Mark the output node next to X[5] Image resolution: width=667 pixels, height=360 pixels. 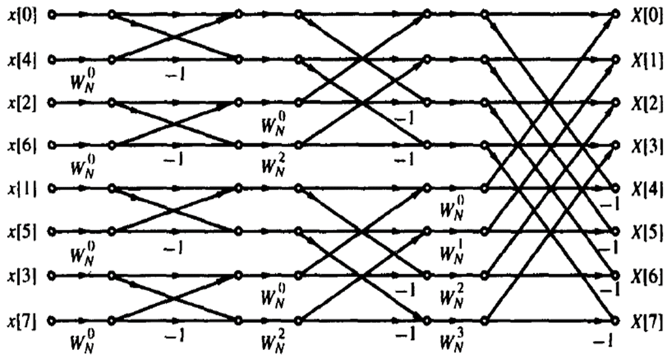click(x=617, y=232)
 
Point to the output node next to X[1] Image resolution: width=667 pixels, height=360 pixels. click(x=617, y=59)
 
